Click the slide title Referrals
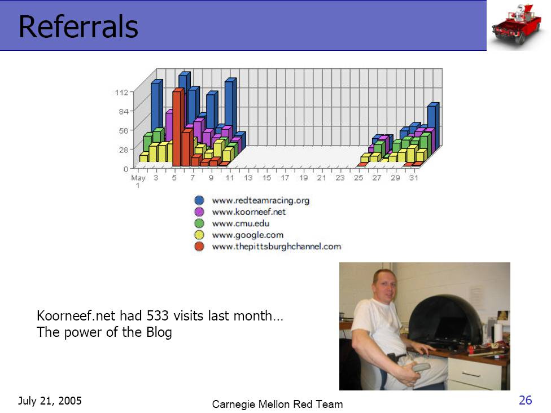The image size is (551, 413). tap(78, 27)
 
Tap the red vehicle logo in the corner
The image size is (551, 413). tap(517, 25)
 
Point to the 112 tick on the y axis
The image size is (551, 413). tap(121, 93)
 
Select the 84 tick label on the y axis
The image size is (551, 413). tap(124, 111)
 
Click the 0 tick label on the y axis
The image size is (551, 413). tap(126, 169)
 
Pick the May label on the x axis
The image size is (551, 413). tap(138, 178)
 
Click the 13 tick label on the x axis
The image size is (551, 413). tap(248, 178)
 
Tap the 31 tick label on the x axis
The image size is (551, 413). tap(414, 178)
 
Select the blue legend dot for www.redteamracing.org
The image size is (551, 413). tap(199, 200)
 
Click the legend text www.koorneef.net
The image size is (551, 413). tap(249, 212)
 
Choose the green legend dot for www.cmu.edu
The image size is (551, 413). tap(199, 223)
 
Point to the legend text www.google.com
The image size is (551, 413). tap(248, 235)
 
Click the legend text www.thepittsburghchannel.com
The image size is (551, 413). tap(277, 247)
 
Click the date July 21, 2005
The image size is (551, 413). tap(50, 401)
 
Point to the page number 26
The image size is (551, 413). tap(526, 400)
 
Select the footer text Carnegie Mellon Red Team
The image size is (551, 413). tap(277, 404)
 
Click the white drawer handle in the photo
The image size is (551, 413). tap(471, 375)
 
